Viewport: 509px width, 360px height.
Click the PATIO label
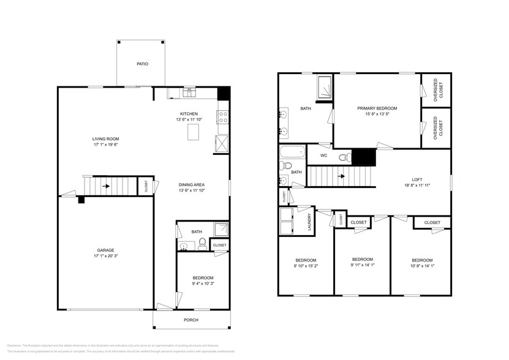point(141,64)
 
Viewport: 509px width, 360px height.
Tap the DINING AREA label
point(191,184)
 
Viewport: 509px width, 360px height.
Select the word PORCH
point(190,320)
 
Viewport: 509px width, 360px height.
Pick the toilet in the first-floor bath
point(200,246)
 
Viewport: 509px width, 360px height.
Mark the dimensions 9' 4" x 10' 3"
point(202,283)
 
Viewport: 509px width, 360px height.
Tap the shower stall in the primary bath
point(324,88)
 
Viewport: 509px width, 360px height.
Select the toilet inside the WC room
point(344,157)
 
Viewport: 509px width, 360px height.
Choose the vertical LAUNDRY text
point(310,222)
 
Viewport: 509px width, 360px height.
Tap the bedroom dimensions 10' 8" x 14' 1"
point(421,266)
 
